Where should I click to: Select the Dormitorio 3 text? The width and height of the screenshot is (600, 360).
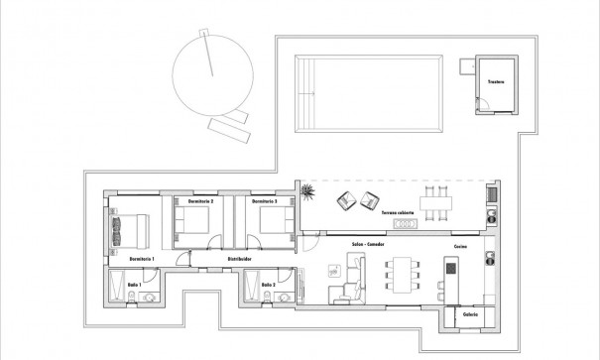(264, 201)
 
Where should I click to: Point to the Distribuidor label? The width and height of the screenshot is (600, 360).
(240, 259)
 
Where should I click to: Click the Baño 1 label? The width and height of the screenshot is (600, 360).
(134, 286)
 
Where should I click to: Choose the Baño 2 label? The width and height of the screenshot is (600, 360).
(268, 286)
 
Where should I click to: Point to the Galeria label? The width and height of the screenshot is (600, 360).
(470, 315)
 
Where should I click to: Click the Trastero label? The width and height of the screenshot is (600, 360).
(496, 81)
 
